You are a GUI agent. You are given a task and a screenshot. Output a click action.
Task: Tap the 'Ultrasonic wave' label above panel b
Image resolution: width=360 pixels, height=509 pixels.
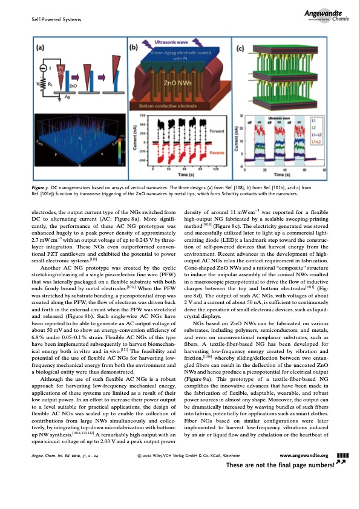click(172, 43)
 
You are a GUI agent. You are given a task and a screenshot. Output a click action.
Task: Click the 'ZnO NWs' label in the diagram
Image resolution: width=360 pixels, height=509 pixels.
click(182, 81)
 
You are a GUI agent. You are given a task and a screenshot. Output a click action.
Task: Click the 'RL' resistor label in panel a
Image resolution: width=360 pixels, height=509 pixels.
click(46, 85)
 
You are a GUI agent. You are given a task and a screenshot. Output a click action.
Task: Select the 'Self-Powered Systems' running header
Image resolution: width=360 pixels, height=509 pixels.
click(47, 21)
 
